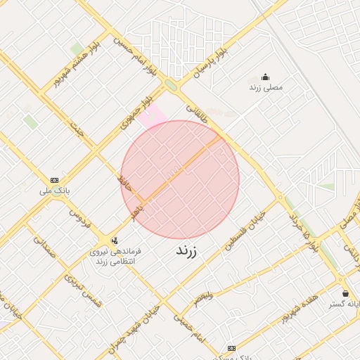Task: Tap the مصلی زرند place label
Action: pyautogui.click(x=265, y=88)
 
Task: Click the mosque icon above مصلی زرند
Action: pyautogui.click(x=265, y=77)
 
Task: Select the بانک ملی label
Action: pyautogui.click(x=55, y=190)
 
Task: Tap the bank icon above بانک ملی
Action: pyautogui.click(x=55, y=179)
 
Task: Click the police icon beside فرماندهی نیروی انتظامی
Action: pyautogui.click(x=105, y=241)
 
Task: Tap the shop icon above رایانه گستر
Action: pyautogui.click(x=345, y=293)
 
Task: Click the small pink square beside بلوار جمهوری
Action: pyautogui.click(x=153, y=116)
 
